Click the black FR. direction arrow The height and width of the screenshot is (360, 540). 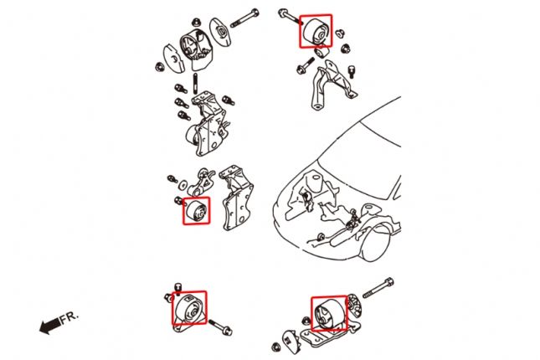(49, 323)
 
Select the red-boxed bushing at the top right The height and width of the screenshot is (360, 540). (316, 31)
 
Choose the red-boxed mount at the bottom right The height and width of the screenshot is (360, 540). (327, 314)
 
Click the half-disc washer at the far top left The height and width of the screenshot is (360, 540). (167, 62)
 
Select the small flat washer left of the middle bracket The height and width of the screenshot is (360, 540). (172, 179)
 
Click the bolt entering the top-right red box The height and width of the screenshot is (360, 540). (290, 17)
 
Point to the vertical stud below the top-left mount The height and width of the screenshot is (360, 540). (195, 85)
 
